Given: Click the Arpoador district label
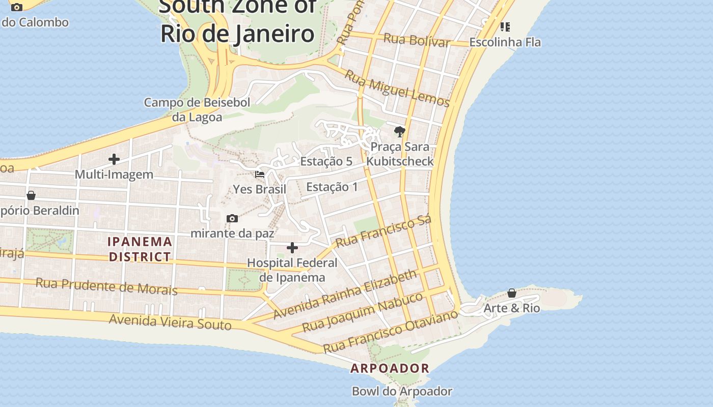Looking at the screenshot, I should click(390, 368).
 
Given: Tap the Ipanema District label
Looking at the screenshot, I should click(140, 249).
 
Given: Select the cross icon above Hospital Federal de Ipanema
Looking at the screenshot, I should click(292, 248).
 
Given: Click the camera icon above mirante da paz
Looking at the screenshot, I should click(232, 218).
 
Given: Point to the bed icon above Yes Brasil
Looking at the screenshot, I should click(260, 175).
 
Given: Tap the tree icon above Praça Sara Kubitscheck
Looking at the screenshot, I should click(400, 132).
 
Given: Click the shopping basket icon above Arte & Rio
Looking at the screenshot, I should click(512, 293).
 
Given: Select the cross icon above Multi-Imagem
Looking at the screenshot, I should click(114, 159).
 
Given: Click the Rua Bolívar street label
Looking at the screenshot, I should click(417, 40).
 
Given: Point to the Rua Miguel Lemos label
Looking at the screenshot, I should click(397, 89).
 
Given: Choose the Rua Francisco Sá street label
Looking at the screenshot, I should click(383, 231).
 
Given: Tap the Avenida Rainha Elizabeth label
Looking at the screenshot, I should click(345, 295).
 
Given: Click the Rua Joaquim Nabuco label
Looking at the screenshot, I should click(363, 312).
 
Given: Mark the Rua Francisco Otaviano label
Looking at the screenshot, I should click(391, 332).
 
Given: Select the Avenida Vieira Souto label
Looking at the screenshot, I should click(170, 322).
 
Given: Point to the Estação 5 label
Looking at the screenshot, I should click(326, 161).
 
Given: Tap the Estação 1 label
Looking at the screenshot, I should click(332, 187).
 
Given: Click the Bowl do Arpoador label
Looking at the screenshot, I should click(402, 391).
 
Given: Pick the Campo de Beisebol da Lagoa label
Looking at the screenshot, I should click(197, 109).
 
